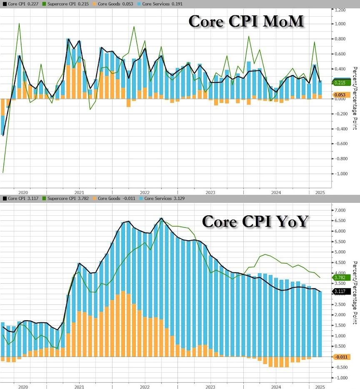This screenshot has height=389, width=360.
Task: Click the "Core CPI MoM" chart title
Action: coord(246,22)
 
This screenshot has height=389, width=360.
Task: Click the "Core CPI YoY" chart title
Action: coord(255,221)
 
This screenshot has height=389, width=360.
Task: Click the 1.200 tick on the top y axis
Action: coord(340,9)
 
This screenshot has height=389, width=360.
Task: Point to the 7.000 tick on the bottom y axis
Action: coord(340,210)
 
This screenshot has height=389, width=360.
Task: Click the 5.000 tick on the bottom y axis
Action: coord(340,252)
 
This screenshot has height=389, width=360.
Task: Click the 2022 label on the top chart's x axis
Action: coord(145,192)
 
